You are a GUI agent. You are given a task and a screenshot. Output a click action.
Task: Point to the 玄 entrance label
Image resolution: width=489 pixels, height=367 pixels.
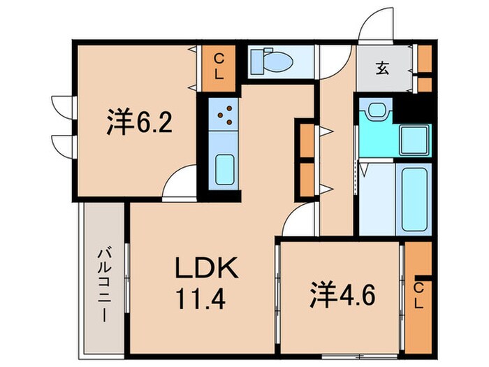click(x=383, y=68)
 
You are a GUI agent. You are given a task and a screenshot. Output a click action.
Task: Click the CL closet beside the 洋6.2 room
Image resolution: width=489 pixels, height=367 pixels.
click(x=219, y=67)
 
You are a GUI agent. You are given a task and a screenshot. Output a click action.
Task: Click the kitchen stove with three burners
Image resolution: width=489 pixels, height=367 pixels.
click(x=225, y=115)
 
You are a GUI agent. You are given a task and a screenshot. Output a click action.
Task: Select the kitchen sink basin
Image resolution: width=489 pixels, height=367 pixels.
click(x=225, y=167)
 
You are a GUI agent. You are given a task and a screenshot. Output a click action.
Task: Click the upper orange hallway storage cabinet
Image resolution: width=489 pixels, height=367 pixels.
click(x=305, y=140)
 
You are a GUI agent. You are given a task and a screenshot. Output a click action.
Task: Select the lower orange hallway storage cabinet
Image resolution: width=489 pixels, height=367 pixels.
click(x=305, y=180)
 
